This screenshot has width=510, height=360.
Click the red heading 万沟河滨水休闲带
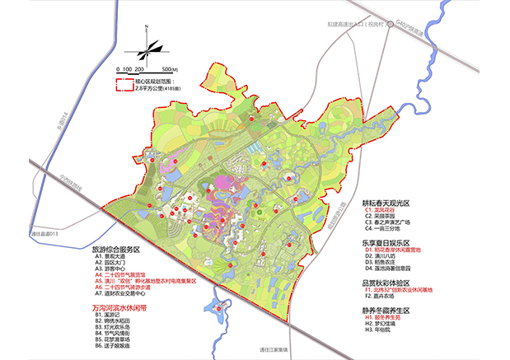click(x=116, y=305)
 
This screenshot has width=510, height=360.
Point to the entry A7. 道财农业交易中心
click(x=123, y=293)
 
